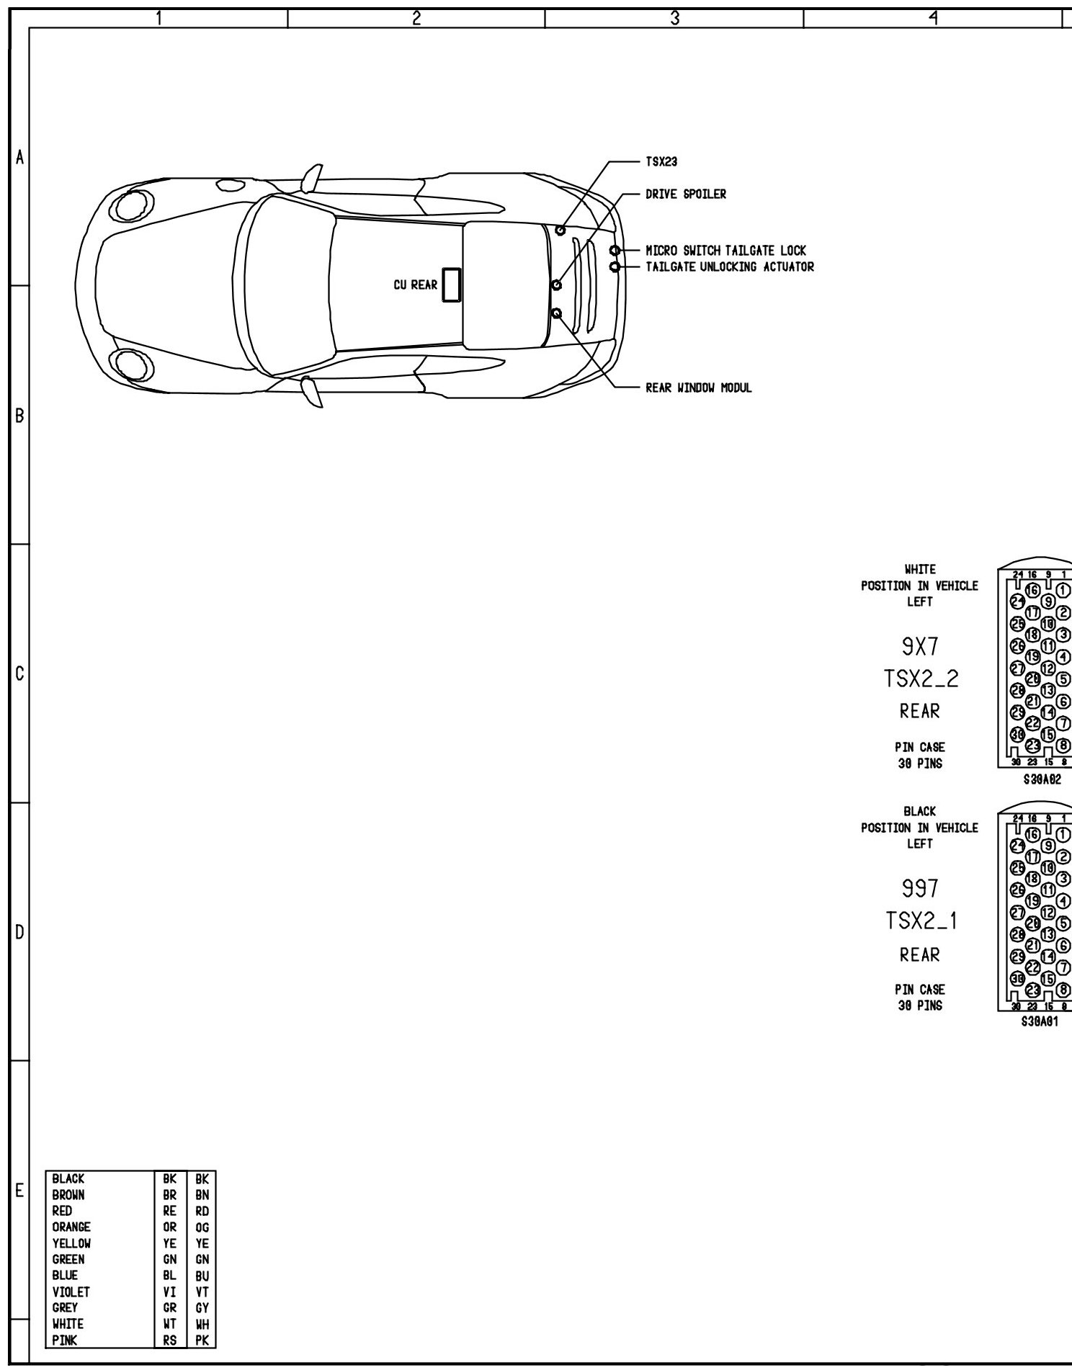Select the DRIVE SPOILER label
coord(685,194)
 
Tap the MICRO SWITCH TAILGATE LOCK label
coord(725,251)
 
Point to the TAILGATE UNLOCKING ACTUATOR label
coord(729,267)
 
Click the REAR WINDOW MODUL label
coord(698,388)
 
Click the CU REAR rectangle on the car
coord(452,285)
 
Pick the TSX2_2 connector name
coord(921,679)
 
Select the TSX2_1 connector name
coord(921,921)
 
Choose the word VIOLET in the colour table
coord(71,1292)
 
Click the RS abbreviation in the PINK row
coord(171,1340)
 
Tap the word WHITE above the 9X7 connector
coord(919,570)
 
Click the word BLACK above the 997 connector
coord(919,812)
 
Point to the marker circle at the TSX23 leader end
coord(560,229)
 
